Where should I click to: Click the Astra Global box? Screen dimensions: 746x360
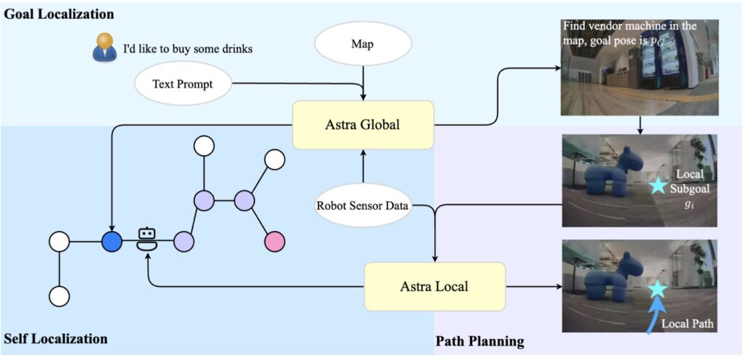363,125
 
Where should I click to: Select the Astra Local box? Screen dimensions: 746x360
434,286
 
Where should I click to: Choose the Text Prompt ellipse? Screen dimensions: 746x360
183,84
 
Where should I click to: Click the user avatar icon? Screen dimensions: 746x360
104,47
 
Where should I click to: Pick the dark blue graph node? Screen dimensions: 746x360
111,242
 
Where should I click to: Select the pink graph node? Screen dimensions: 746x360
275,241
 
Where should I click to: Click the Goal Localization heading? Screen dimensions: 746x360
60,14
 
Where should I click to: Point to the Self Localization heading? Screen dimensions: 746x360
55,339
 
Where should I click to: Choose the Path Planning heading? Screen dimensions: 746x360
479,341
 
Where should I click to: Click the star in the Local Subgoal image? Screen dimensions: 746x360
659,185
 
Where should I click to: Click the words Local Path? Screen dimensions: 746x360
686,324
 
